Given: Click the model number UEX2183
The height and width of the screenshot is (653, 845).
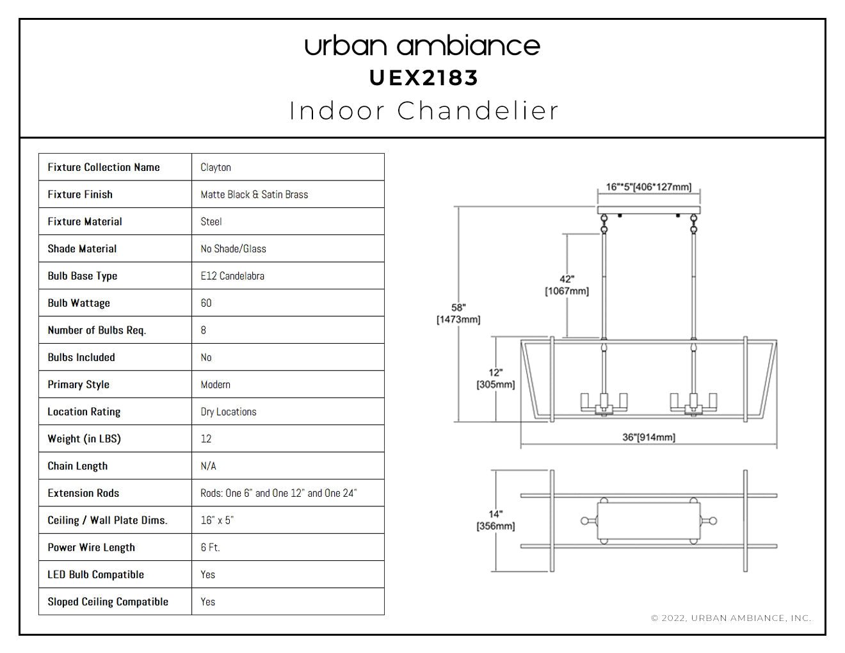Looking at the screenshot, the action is (423, 78).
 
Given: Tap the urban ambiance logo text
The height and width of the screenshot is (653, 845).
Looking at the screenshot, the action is (422, 46).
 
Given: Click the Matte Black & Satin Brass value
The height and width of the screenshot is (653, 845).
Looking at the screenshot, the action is (254, 195).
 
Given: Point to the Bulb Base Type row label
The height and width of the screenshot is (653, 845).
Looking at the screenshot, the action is (83, 276).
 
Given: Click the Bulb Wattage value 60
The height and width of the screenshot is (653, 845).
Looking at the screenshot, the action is (206, 303).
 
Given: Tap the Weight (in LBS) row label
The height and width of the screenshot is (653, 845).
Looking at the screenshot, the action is (84, 439).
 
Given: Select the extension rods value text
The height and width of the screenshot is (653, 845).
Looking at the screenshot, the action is (278, 493).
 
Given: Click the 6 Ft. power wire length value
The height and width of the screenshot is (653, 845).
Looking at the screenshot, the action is (211, 547).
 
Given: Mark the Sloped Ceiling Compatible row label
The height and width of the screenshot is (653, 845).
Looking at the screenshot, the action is (108, 602).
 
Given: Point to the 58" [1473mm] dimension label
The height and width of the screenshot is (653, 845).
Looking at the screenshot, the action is (458, 314).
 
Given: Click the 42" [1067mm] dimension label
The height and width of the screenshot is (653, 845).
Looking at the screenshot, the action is (567, 285).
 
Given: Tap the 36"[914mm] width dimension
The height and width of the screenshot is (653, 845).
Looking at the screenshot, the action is (648, 437).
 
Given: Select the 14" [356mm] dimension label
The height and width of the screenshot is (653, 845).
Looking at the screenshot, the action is (496, 520).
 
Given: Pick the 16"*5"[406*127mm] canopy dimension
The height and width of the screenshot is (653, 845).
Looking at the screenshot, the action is (648, 187).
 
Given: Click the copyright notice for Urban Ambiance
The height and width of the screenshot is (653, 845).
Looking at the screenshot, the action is (731, 618).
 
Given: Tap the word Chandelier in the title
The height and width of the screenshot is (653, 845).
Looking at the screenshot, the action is (478, 111).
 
